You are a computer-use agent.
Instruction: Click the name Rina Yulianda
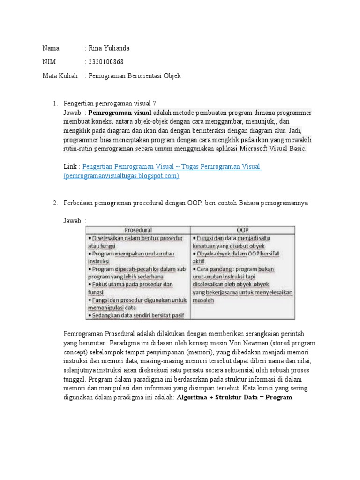point(108,48)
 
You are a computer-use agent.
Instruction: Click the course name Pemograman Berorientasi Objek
point(134,75)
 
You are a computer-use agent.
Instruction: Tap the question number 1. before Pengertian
point(55,104)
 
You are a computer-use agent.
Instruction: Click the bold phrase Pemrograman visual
point(120,113)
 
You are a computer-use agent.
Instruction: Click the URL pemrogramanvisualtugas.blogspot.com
point(121,175)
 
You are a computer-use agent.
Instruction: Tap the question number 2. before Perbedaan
point(55,202)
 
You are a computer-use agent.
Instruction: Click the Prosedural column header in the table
point(138,230)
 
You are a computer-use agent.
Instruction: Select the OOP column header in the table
point(242,230)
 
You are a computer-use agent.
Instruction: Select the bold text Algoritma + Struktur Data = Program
point(234,397)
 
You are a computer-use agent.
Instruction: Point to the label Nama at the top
point(51,48)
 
